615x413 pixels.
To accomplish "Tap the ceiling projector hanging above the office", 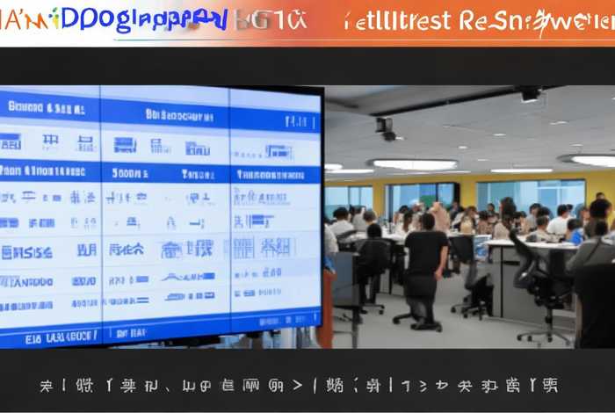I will click(x=385, y=128).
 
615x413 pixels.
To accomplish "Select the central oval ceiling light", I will click(x=414, y=164).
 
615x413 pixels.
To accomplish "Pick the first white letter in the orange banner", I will click(x=349, y=21).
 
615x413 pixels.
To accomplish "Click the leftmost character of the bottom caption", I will click(x=46, y=385).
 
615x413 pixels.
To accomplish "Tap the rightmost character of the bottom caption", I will click(x=550, y=385).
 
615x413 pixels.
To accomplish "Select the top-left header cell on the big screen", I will click(x=48, y=108).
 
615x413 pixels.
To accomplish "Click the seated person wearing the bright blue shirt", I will click(x=575, y=232).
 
